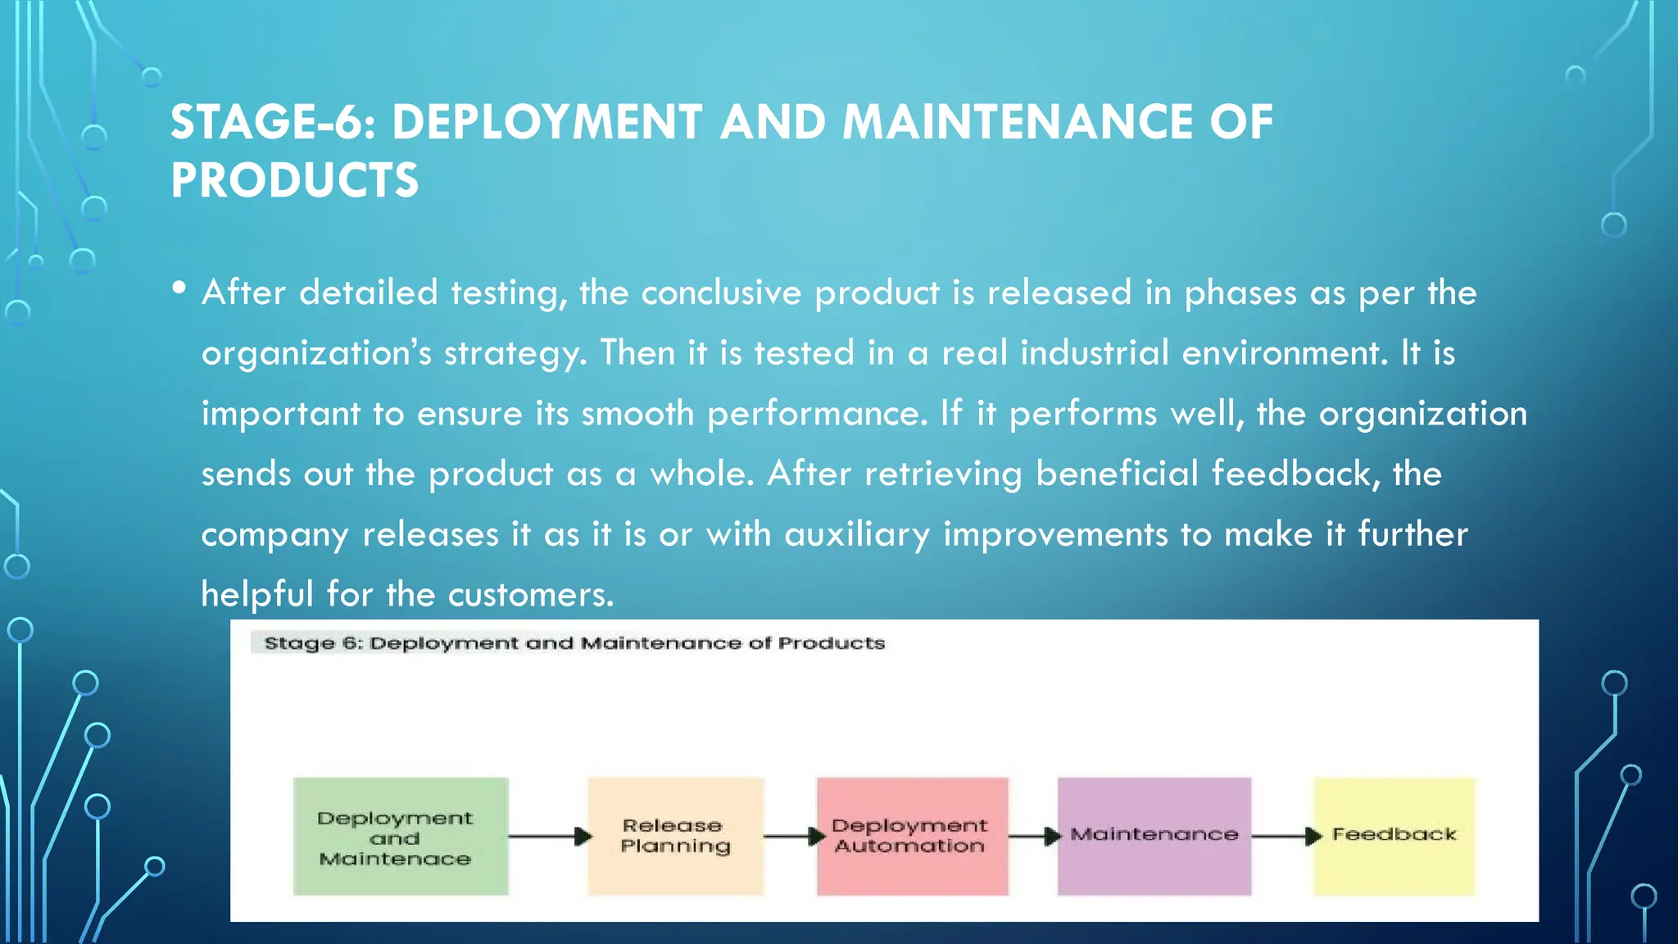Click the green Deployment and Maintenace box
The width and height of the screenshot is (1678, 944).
(x=401, y=837)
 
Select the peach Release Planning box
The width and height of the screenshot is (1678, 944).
(x=675, y=837)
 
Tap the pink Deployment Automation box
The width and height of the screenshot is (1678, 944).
(x=911, y=837)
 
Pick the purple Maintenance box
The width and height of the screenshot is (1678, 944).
(x=1154, y=837)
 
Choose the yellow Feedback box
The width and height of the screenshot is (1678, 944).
(x=1394, y=837)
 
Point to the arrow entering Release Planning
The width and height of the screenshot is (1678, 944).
(x=549, y=837)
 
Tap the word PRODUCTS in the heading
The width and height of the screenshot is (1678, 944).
(x=294, y=181)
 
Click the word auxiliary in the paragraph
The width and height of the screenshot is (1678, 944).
(x=857, y=535)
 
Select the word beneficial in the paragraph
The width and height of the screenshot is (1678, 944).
(x=1117, y=474)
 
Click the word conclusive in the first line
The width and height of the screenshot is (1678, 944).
(x=721, y=293)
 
